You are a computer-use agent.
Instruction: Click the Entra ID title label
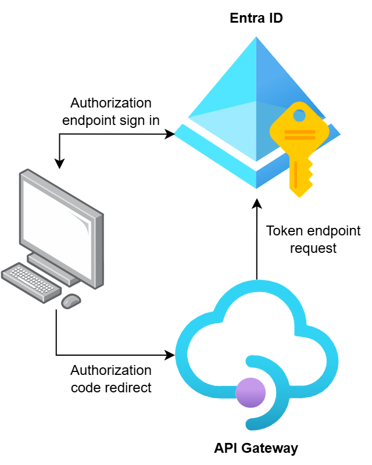click(x=256, y=18)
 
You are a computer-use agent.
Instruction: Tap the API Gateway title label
click(x=256, y=448)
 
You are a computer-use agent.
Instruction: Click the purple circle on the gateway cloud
click(x=251, y=392)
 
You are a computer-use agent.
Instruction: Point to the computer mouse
click(x=71, y=301)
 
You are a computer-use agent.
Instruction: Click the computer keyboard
click(x=32, y=281)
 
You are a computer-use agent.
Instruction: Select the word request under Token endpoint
click(x=313, y=248)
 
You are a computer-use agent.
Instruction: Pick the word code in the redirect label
click(x=85, y=387)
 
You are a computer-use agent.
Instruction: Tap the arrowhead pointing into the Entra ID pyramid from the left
click(x=171, y=134)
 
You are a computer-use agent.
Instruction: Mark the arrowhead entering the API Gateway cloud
click(x=171, y=355)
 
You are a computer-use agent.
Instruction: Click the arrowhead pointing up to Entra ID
click(x=257, y=203)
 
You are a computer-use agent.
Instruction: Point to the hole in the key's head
click(x=299, y=115)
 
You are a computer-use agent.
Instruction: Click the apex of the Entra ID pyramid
click(x=256, y=38)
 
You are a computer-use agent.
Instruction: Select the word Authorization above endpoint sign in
click(x=110, y=103)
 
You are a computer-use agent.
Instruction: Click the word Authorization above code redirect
click(x=110, y=370)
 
